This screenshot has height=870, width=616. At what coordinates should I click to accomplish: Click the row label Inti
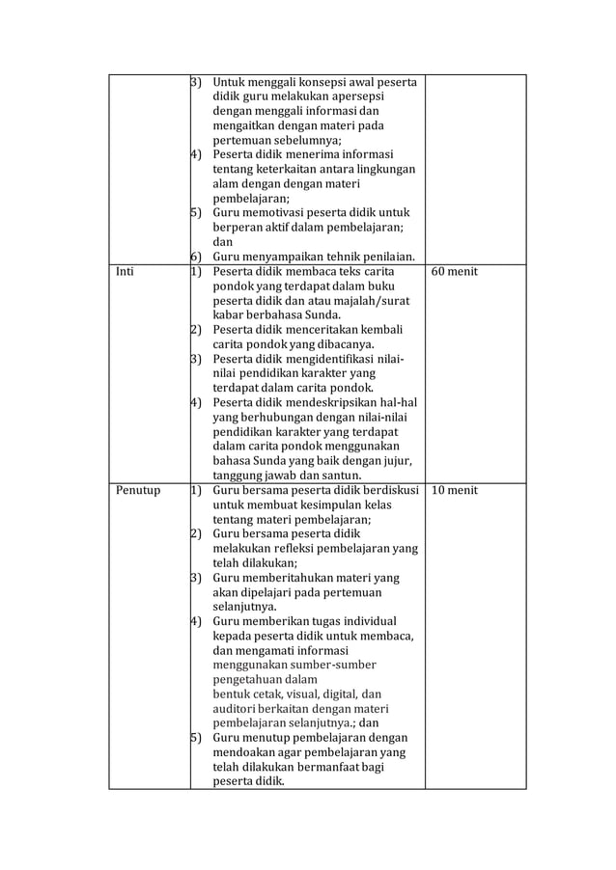tap(125, 272)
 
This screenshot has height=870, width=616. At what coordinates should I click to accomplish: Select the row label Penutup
tap(137, 491)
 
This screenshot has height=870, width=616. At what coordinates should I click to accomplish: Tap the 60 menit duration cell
tap(454, 272)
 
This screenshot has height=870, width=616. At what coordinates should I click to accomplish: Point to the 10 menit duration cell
tap(454, 491)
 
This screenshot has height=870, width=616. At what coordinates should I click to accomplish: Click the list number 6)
tap(194, 257)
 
